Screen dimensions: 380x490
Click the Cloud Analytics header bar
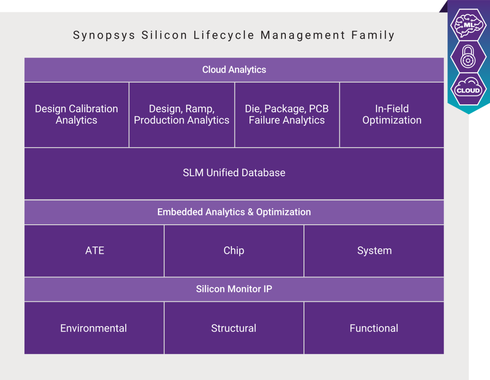pyautogui.click(x=234, y=70)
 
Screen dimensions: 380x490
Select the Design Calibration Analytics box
pyautogui.click(x=77, y=114)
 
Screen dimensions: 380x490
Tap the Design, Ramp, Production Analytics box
pyautogui.click(x=181, y=114)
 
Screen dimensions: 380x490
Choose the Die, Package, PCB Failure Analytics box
pyautogui.click(x=287, y=114)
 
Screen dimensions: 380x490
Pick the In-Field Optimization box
pyautogui.click(x=392, y=114)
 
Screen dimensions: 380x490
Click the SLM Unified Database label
pyautogui.click(x=234, y=173)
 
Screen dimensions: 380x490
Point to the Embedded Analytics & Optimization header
pyautogui.click(x=234, y=212)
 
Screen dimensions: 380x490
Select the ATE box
pyautogui.click(x=94, y=251)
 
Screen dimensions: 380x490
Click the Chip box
pyautogui.click(x=234, y=251)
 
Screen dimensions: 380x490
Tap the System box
pyautogui.click(x=374, y=251)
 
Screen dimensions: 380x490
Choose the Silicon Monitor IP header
pyautogui.click(x=234, y=289)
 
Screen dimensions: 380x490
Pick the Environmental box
pyautogui.click(x=94, y=328)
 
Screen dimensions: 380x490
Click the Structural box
pyautogui.click(x=234, y=328)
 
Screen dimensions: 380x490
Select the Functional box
pyautogui.click(x=374, y=328)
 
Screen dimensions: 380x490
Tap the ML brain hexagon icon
pyautogui.click(x=468, y=25)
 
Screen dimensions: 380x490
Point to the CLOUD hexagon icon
pyautogui.click(x=468, y=89)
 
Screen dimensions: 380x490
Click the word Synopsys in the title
pyautogui.click(x=104, y=35)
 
